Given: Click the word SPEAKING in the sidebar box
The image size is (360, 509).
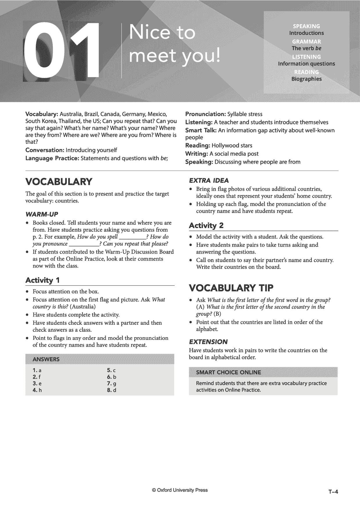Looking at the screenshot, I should click(306, 26).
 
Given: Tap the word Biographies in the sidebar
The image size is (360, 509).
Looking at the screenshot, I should click(306, 79).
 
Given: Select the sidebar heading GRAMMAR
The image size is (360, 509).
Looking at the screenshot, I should click(306, 41).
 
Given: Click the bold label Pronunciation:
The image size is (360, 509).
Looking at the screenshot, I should click(206, 114).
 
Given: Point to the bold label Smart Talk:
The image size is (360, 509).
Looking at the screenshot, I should click(201, 131).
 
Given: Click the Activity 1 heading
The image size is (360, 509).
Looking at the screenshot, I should click(43, 280).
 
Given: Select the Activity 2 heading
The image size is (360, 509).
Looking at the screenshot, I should click(206, 225).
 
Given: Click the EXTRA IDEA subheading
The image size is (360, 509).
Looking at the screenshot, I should click(209, 181).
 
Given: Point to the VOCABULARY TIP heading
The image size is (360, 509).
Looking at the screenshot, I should click(231, 288).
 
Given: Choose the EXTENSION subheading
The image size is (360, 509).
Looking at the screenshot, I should click(208, 342).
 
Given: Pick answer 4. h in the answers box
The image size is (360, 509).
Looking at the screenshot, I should click(37, 390).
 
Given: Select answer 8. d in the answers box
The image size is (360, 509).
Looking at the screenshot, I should click(111, 390).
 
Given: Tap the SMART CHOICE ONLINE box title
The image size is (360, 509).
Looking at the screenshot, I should click(228, 372).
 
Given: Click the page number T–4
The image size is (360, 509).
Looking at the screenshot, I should click(334, 492).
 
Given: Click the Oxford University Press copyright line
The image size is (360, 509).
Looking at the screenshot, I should click(180, 490).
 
